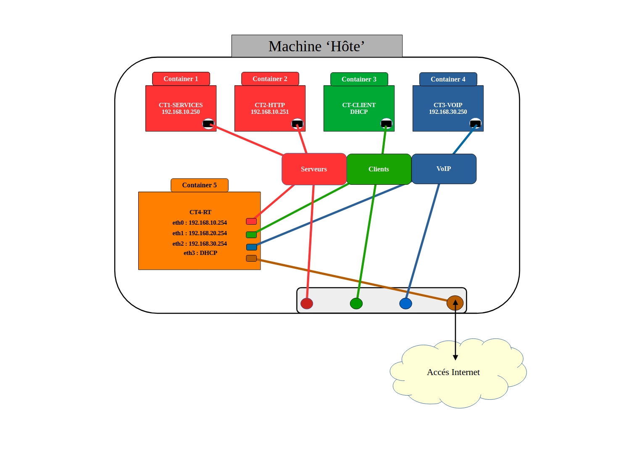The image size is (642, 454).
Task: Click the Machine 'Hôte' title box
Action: click(x=317, y=46)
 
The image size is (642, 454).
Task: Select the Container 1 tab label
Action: click(x=181, y=79)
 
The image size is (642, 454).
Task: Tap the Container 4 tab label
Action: click(x=448, y=79)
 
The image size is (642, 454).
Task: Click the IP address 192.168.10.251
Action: click(x=270, y=112)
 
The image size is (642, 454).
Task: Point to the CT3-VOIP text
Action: click(x=448, y=105)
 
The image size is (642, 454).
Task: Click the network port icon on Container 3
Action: click(x=386, y=123)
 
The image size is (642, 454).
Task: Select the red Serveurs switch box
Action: click(x=314, y=169)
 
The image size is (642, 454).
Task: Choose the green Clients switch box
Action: click(x=379, y=169)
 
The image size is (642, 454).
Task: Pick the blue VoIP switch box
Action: click(x=444, y=169)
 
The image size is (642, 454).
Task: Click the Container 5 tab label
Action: click(x=199, y=185)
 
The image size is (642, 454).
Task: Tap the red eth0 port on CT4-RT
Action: click(x=251, y=221)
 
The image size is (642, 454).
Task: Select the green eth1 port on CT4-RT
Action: click(x=251, y=235)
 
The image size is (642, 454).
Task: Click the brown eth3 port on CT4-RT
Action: click(x=251, y=258)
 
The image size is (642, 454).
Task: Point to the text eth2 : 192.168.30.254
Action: click(x=200, y=244)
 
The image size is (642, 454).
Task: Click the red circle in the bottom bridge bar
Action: click(x=307, y=303)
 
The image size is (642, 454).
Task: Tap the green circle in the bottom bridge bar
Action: click(x=356, y=303)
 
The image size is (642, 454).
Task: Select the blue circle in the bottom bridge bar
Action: click(x=405, y=303)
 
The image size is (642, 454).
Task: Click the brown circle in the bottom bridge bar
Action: click(x=455, y=303)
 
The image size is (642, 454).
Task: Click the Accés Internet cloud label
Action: click(x=453, y=373)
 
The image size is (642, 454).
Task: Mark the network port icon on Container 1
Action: click(x=208, y=123)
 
